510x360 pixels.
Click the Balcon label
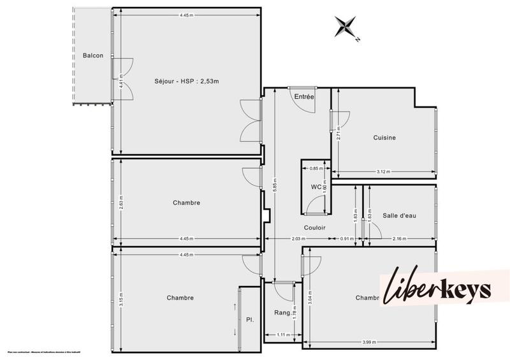93,56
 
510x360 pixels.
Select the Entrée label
304,96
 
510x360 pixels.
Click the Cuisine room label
384,138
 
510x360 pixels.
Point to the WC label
316,187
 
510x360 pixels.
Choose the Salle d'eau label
399,216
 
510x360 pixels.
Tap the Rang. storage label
283,313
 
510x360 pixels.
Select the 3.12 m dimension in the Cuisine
384,172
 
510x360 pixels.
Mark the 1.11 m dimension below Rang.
279,335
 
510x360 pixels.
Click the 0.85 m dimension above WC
314,168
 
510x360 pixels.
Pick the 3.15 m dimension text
121,299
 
